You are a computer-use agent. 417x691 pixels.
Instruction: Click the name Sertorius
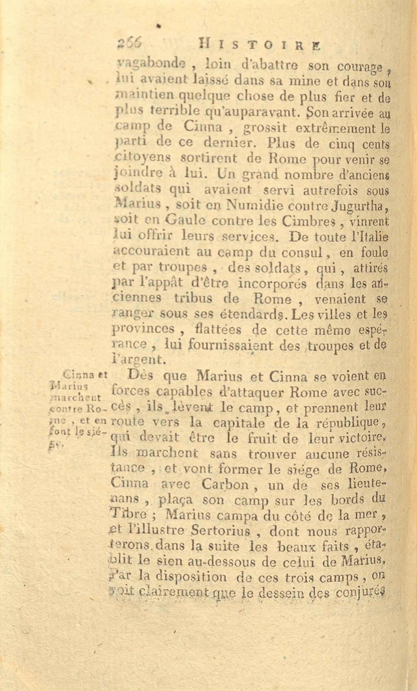click(221, 531)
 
